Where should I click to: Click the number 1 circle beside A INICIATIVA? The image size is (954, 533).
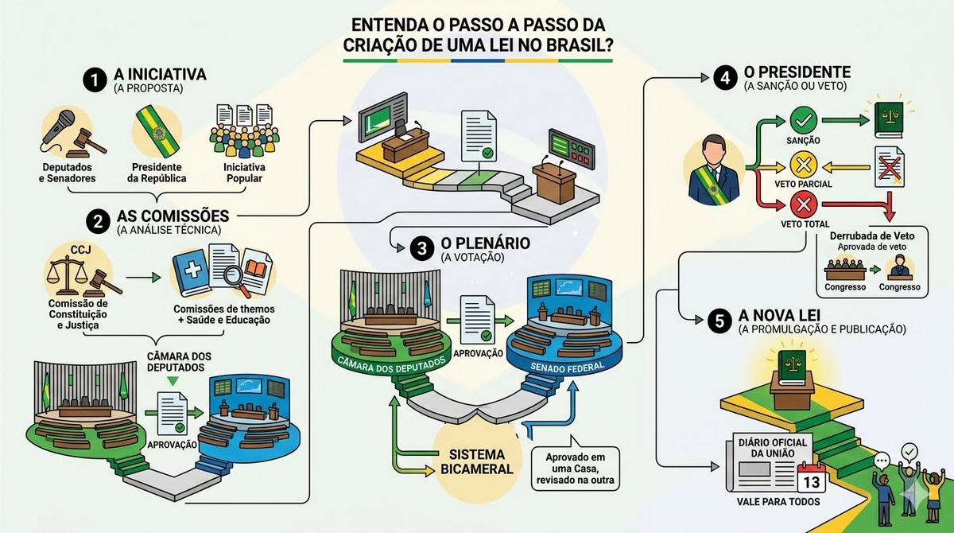(95, 80)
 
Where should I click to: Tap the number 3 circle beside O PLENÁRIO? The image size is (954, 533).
(421, 248)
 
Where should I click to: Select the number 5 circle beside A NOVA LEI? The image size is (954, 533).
(719, 321)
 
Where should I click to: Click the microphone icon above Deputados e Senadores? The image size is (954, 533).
(57, 128)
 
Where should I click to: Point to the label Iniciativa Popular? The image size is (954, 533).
(244, 173)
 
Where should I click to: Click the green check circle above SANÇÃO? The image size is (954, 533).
(803, 120)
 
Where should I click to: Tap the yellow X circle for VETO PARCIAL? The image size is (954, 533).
(803, 165)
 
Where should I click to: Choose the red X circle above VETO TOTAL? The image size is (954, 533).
(803, 205)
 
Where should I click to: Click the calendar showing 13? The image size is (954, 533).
(812, 477)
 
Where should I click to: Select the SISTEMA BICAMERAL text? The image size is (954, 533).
(476, 462)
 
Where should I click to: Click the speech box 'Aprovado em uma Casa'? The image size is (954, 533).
(575, 468)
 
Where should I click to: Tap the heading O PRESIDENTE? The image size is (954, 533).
(797, 72)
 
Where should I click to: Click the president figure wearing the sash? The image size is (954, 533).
(713, 170)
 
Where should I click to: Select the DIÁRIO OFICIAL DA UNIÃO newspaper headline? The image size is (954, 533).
(773, 448)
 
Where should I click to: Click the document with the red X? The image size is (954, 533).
(890, 167)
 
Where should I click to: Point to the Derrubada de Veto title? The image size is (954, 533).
(872, 235)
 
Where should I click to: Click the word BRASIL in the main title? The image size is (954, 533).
(580, 45)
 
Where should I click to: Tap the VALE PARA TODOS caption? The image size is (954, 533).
(778, 502)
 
